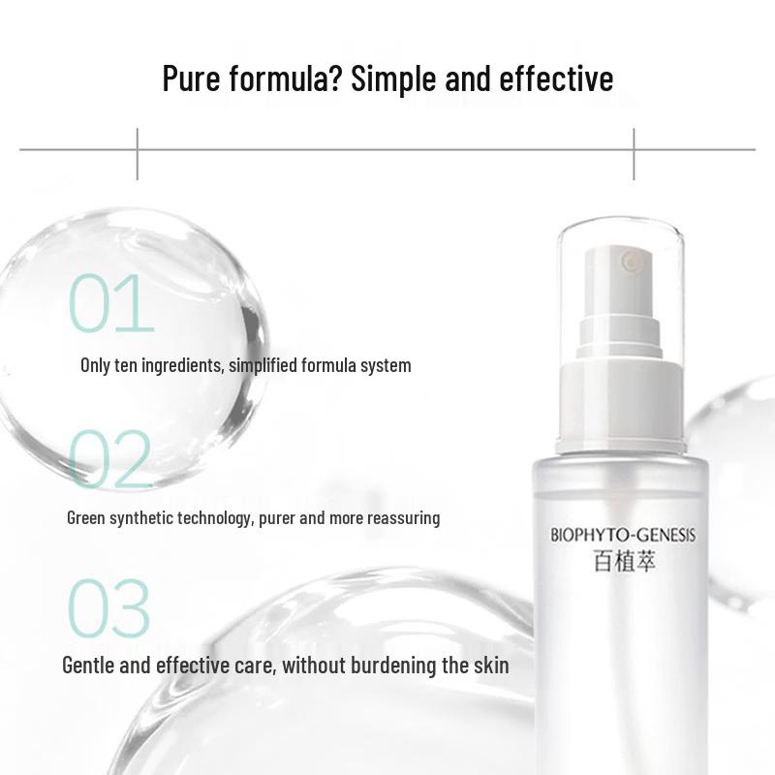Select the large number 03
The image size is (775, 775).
point(108,609)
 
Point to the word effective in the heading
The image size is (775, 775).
point(556,78)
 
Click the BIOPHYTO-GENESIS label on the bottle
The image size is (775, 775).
point(623,535)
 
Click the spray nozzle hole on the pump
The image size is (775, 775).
point(633,261)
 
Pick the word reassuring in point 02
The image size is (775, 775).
point(401,518)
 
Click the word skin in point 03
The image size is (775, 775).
point(489,666)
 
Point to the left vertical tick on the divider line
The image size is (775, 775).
point(137,152)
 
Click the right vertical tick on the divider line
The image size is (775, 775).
point(635,152)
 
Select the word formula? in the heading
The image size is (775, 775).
point(284,78)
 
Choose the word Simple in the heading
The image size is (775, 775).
point(397,78)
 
